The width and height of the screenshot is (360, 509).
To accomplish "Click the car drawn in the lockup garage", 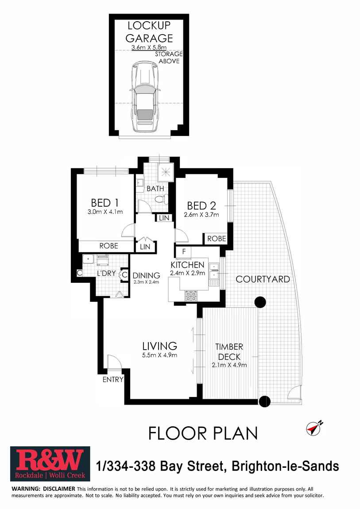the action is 145,97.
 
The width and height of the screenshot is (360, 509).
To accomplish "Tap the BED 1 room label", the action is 105,203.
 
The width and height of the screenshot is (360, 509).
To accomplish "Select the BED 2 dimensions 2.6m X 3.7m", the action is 201,215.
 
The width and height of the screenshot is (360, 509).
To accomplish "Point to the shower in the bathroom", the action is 166,171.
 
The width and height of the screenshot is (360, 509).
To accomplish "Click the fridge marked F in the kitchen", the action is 184,251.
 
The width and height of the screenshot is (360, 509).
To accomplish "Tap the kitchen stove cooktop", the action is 191,296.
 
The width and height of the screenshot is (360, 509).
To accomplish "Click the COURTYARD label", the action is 263,279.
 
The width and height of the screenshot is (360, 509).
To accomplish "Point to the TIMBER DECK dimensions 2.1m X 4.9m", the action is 229,365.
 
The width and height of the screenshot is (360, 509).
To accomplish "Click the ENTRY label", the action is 113,379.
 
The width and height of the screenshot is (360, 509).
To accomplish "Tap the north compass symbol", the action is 314,428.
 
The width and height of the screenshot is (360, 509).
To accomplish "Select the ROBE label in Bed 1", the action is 109,246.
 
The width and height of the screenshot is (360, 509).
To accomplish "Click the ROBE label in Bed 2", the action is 217,239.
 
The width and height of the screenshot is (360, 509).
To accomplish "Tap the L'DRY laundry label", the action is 106,274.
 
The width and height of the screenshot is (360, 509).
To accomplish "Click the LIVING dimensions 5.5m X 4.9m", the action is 160,355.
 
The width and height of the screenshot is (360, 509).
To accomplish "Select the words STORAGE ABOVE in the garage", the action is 169,58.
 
